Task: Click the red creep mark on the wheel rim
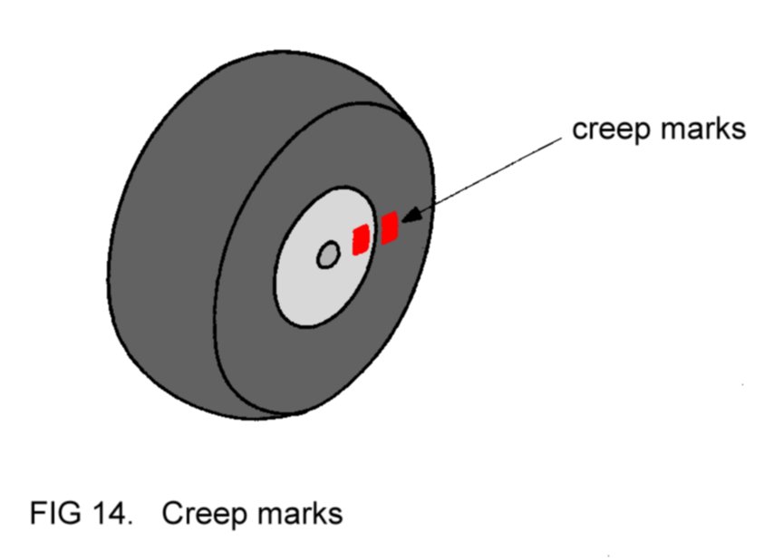tap(360, 239)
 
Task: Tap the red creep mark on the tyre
tap(390, 227)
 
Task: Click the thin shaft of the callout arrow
tap(489, 177)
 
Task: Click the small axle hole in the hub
tap(327, 256)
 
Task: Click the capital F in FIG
tap(37, 514)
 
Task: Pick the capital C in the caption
tap(172, 514)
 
